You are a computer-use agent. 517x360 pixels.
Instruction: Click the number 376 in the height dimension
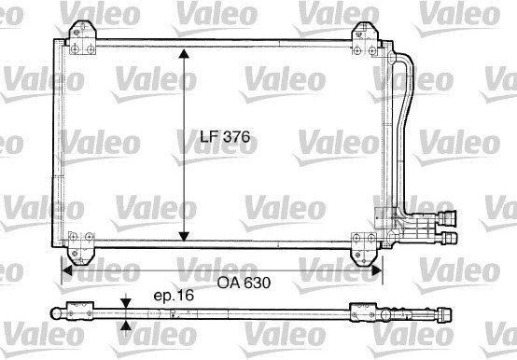(x=239, y=137)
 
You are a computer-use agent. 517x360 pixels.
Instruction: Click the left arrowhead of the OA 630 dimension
(x=67, y=271)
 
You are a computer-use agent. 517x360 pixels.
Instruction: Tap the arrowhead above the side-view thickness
(x=126, y=301)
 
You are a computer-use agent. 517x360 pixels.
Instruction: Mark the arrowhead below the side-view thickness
(x=126, y=325)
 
